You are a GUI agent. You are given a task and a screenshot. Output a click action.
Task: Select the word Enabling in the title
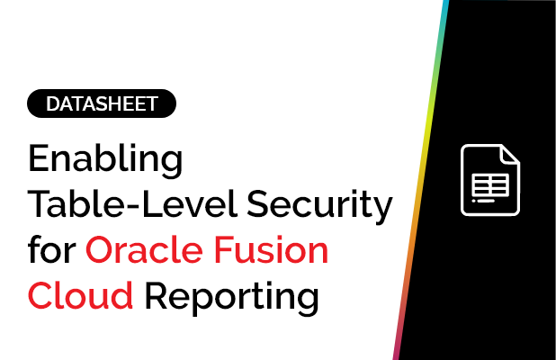pyautogui.click(x=105, y=162)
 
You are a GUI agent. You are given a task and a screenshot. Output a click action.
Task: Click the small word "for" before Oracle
pyautogui.click(x=53, y=250)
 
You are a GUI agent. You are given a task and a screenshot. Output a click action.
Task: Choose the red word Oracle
pyautogui.click(x=148, y=250)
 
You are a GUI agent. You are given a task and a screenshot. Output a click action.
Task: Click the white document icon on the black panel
pyautogui.click(x=489, y=179)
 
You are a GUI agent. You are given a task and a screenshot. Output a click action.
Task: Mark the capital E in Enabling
pyautogui.click(x=40, y=160)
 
